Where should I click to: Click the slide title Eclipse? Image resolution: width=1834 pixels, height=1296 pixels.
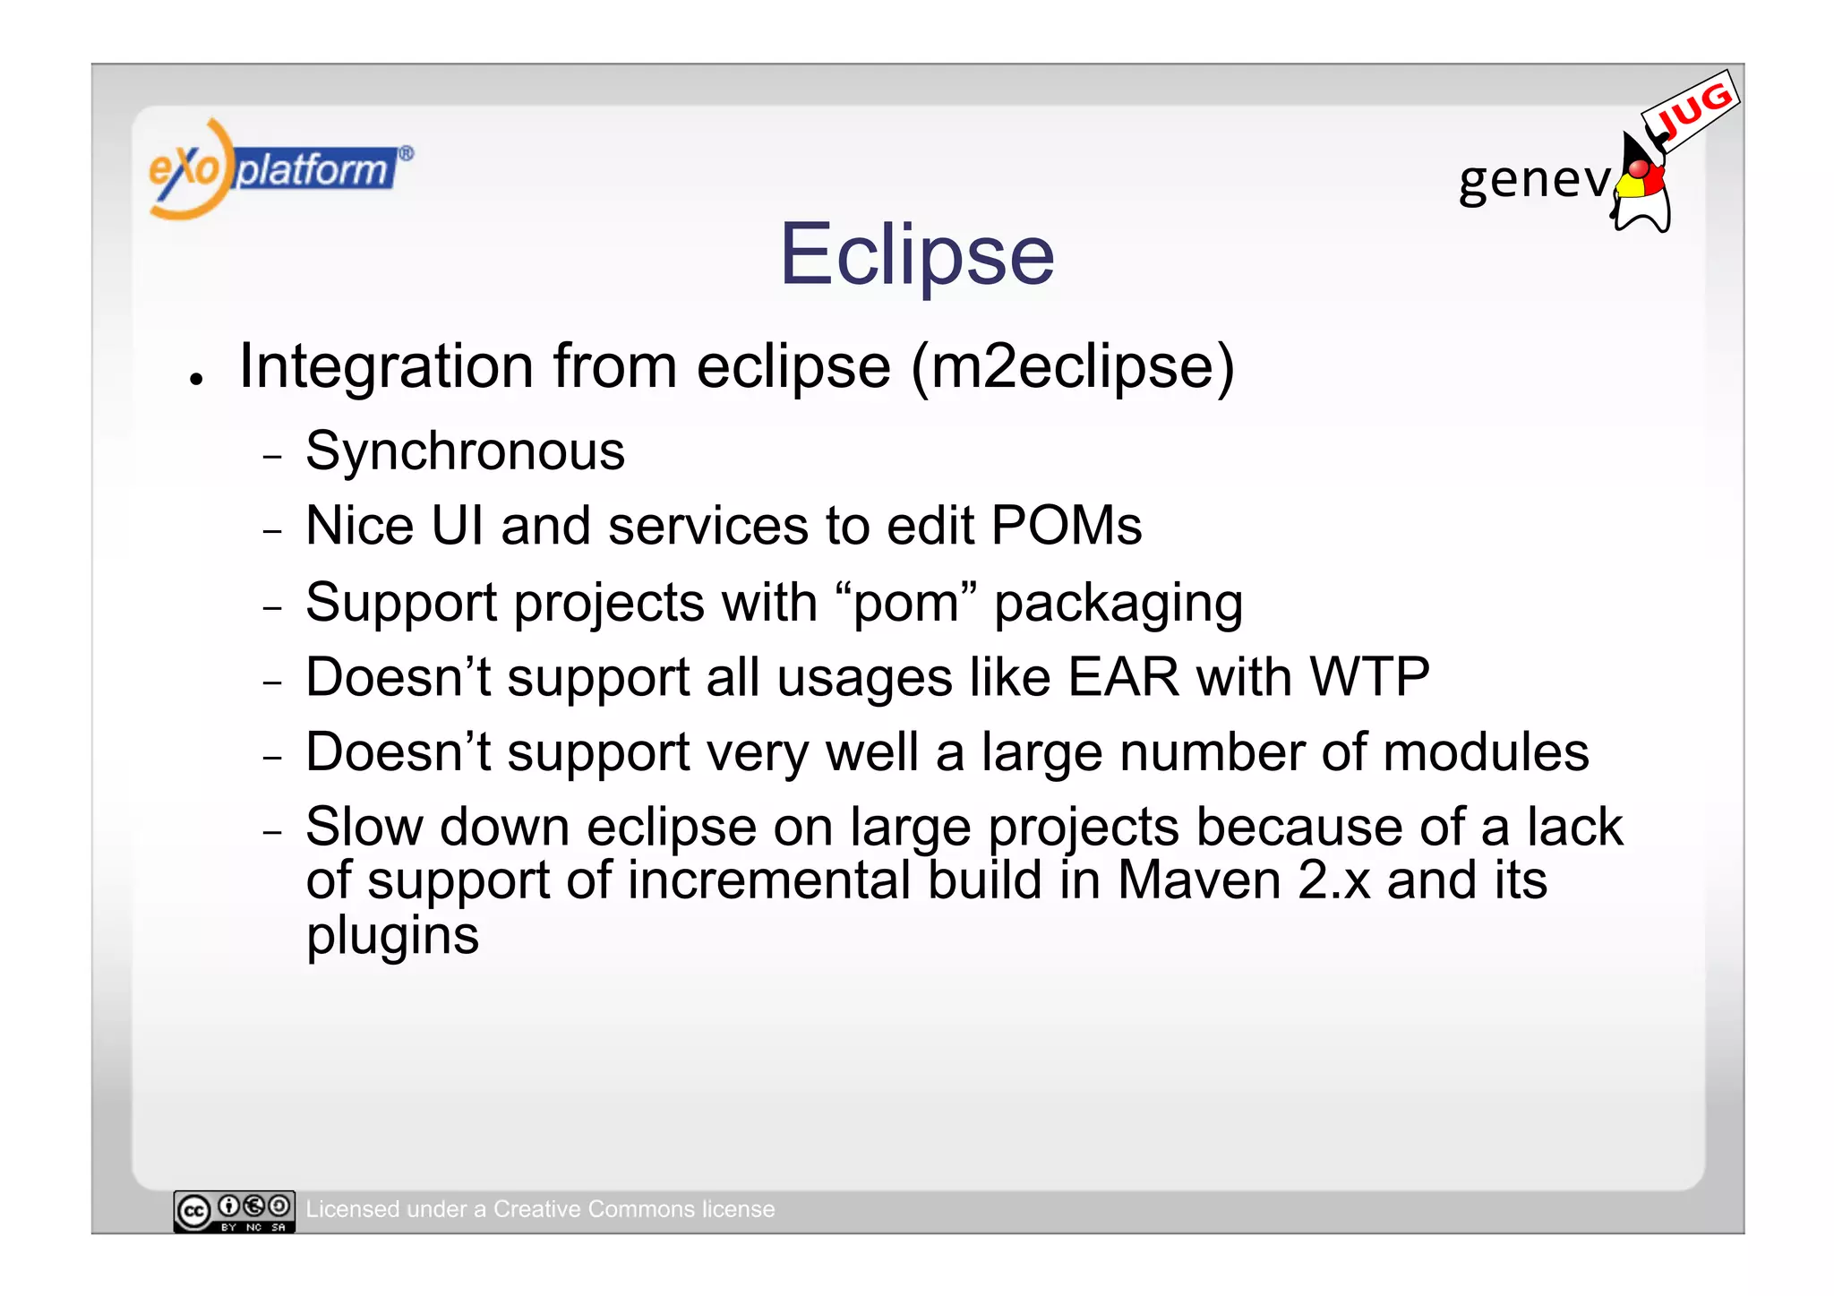tap(917, 255)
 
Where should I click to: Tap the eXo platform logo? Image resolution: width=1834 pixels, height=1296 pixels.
tap(279, 169)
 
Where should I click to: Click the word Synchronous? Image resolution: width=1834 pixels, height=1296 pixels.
tap(465, 451)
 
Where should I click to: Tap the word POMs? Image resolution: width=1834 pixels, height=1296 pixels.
tap(1066, 526)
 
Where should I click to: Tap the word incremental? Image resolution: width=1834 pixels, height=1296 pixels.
tap(768, 880)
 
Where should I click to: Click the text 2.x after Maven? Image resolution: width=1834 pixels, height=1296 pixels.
tap(1333, 880)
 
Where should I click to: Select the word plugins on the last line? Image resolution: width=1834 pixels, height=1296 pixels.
tap(392, 937)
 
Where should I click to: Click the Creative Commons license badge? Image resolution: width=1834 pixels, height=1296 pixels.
tap(234, 1211)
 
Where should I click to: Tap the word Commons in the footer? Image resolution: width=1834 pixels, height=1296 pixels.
tap(639, 1209)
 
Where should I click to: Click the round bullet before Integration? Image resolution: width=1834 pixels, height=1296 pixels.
tap(196, 380)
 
